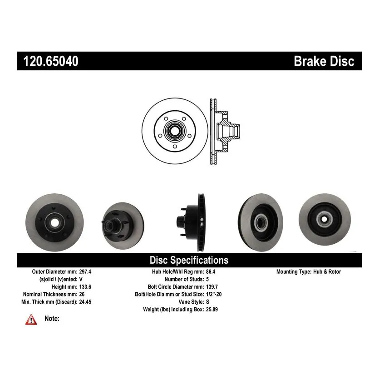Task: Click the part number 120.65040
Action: pos(48,61)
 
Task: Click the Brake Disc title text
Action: pos(324,61)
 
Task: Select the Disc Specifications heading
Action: pos(189,261)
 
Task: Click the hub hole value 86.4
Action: pos(211,272)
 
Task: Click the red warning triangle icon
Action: pos(30,320)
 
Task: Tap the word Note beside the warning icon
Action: pos(52,319)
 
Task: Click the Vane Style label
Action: pos(187,302)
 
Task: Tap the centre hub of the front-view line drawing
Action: pos(175,131)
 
